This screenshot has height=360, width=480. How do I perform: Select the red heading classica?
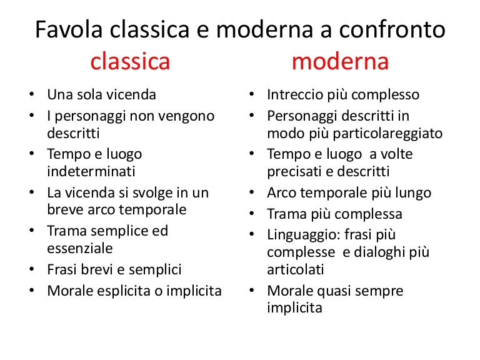130,62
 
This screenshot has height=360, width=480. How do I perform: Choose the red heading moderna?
340,62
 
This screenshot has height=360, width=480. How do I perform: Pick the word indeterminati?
91,171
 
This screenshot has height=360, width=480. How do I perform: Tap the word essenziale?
80,248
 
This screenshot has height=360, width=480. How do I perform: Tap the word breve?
64,209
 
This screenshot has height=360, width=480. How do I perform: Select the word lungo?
411,193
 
